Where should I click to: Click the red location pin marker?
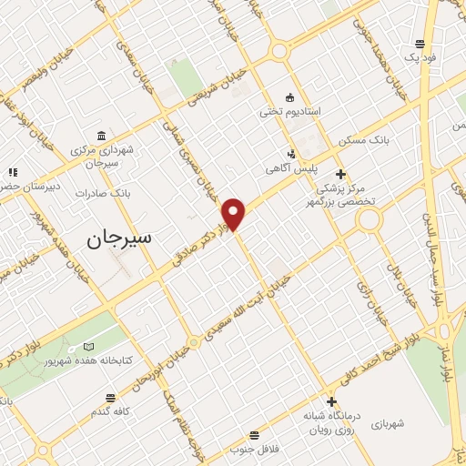pyautogui.click(x=235, y=214)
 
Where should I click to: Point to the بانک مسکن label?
pyautogui.click(x=363, y=141)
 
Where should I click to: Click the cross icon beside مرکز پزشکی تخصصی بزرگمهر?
pyautogui.click(x=340, y=173)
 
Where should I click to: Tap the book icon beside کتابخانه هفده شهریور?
pyautogui.click(x=88, y=347)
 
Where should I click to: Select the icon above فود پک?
pyautogui.click(x=420, y=42)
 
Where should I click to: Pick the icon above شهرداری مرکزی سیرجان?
pyautogui.click(x=102, y=136)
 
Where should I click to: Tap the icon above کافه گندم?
pyautogui.click(x=111, y=398)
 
